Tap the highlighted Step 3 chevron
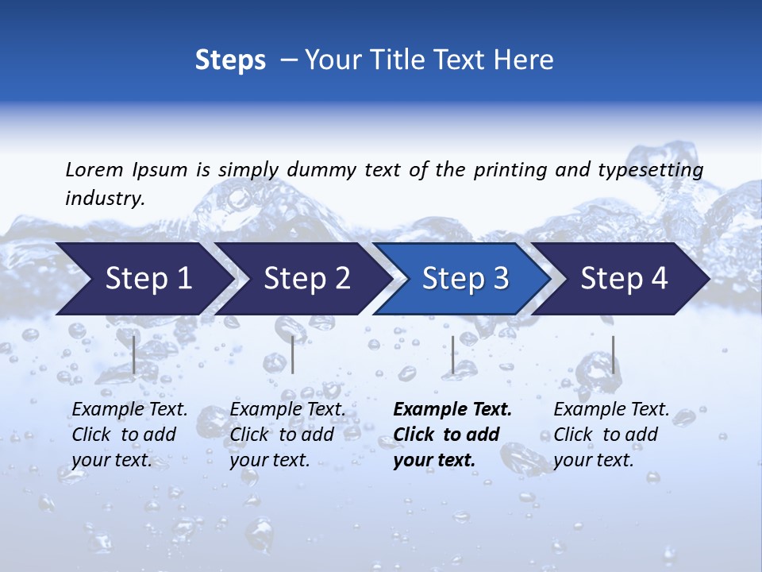465,279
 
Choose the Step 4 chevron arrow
624,279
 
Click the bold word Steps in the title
230,60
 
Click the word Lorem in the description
94,169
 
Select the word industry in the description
104,198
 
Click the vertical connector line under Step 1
133,354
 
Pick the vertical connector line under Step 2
293,354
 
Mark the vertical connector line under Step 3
452,354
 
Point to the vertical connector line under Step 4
613,354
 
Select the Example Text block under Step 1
129,435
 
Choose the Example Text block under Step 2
287,435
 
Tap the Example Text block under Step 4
611,435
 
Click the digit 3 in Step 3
499,279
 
